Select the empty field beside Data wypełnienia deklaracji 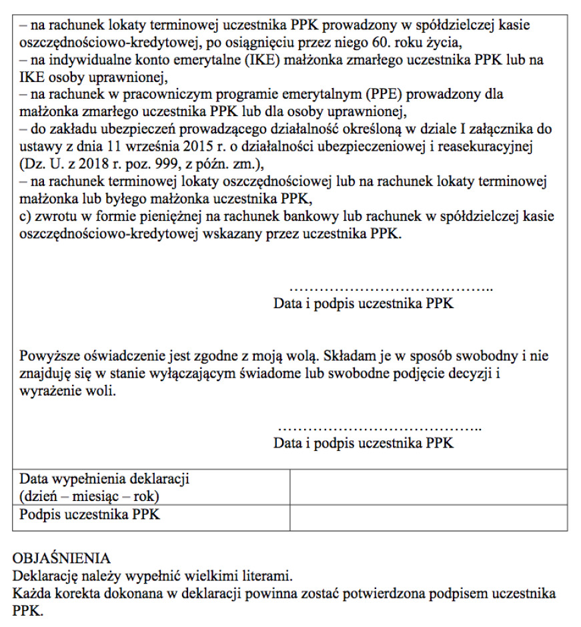[x=428, y=488]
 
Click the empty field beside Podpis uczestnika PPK [x=428, y=518]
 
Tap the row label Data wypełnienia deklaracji [x=105, y=479]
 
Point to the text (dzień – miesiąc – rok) [x=89, y=497]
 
